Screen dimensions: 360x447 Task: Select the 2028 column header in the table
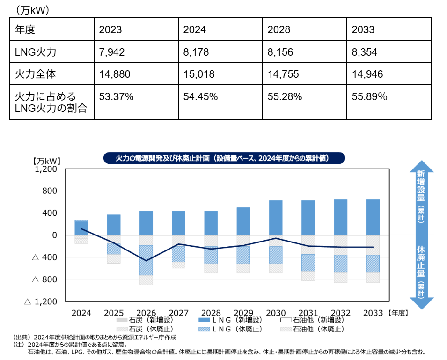coord(279,30)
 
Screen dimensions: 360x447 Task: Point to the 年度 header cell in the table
coord(25,30)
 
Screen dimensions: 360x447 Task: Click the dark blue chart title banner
coord(223,158)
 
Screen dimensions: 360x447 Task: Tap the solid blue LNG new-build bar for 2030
coord(276,217)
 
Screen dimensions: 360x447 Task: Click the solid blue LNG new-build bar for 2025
coord(114,224)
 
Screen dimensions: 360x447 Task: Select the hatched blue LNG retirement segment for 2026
coord(146,260)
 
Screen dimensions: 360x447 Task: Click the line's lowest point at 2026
coord(146,261)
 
